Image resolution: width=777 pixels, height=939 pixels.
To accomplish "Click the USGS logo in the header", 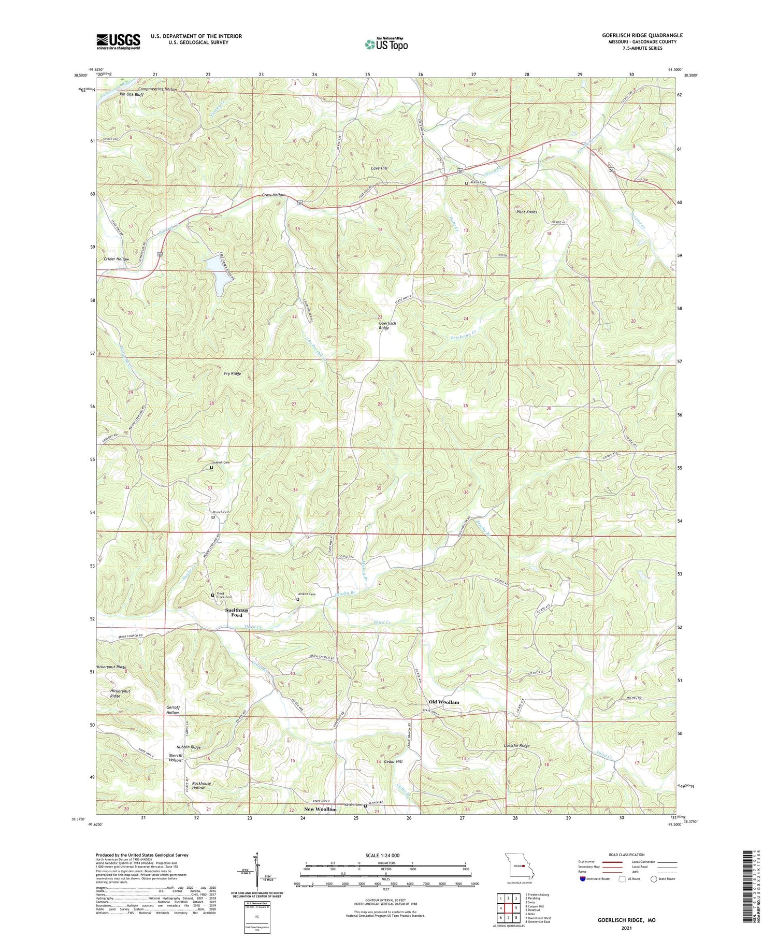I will click(118, 41).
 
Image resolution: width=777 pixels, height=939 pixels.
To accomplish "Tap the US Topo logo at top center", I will click(386, 44).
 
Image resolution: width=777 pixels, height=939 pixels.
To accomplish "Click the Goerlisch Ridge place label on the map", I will click(387, 325).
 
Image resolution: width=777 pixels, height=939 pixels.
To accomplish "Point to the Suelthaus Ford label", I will click(237, 612).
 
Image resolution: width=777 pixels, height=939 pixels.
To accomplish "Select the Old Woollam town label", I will click(444, 702).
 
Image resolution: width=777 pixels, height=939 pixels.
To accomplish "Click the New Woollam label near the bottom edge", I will click(320, 809).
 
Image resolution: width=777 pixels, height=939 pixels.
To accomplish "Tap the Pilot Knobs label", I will click(526, 212).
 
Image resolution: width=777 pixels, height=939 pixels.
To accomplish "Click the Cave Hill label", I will click(379, 168).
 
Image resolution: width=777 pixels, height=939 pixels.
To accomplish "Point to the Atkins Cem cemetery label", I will click(479, 182).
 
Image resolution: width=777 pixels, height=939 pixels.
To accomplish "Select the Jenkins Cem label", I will click(306, 594).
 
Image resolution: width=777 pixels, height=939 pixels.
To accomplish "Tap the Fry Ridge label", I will click(232, 373).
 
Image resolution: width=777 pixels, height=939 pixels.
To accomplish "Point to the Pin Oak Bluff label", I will click(132, 95).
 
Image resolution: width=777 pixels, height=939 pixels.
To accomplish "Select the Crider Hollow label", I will click(117, 259).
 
